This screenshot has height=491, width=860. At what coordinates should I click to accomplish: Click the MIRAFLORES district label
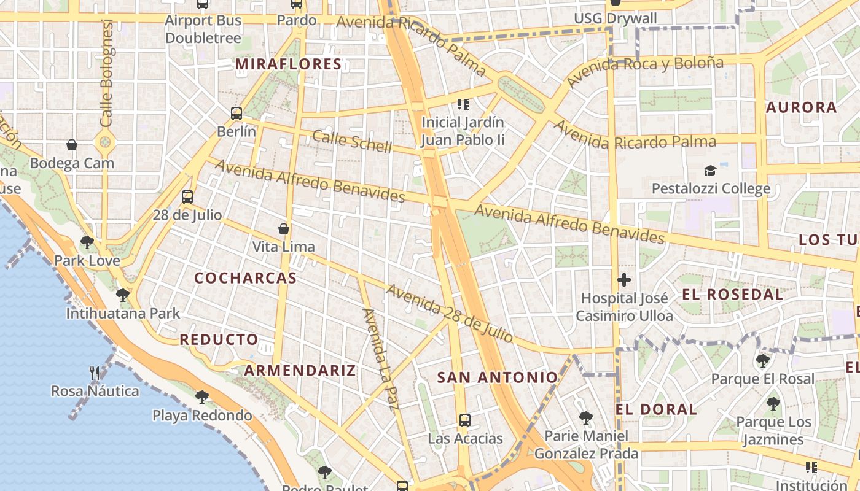[288, 64]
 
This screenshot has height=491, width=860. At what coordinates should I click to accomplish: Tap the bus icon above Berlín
[237, 113]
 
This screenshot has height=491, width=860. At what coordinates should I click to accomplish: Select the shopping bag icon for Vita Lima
[284, 229]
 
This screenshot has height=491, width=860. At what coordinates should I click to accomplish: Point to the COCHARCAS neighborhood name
[246, 278]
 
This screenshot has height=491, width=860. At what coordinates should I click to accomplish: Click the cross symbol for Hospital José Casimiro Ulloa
[624, 280]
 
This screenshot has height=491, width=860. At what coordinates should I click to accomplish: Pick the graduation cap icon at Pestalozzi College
[711, 171]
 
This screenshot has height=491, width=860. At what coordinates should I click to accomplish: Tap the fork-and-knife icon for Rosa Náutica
[95, 373]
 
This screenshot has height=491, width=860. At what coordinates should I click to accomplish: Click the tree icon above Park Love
[87, 242]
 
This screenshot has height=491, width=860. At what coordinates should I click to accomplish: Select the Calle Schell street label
[352, 141]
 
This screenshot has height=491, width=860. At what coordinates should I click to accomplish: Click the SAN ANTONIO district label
[498, 377]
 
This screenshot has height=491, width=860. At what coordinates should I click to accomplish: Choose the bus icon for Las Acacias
[465, 420]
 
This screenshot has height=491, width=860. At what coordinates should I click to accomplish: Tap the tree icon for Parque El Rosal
[762, 360]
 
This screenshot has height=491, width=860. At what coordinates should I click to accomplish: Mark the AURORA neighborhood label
[801, 107]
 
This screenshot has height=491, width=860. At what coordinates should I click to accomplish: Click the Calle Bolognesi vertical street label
[107, 74]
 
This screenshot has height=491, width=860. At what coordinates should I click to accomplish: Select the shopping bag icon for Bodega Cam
[72, 145]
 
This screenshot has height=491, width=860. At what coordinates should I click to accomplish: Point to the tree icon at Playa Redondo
[201, 397]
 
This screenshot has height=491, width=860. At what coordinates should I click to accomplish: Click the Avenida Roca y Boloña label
[645, 71]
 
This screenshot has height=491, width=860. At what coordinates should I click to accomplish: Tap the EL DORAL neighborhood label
[656, 409]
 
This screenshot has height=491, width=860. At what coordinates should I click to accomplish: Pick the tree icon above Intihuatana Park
[123, 295]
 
